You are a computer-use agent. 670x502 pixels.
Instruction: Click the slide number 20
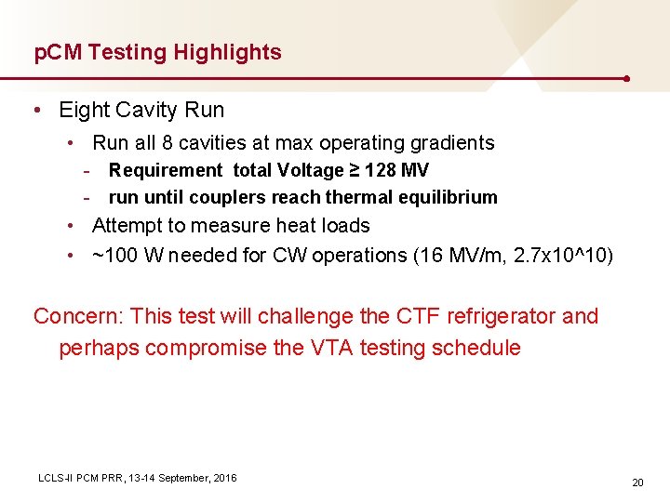pos(637,482)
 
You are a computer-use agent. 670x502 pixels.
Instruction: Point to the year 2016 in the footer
pos(224,478)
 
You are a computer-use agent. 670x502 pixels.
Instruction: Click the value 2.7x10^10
pos(559,255)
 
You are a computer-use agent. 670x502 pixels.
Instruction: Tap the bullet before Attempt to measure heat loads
pos(72,226)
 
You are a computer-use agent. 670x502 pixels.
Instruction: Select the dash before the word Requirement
pos(87,170)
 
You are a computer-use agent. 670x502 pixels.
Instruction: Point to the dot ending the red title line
pos(629,79)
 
